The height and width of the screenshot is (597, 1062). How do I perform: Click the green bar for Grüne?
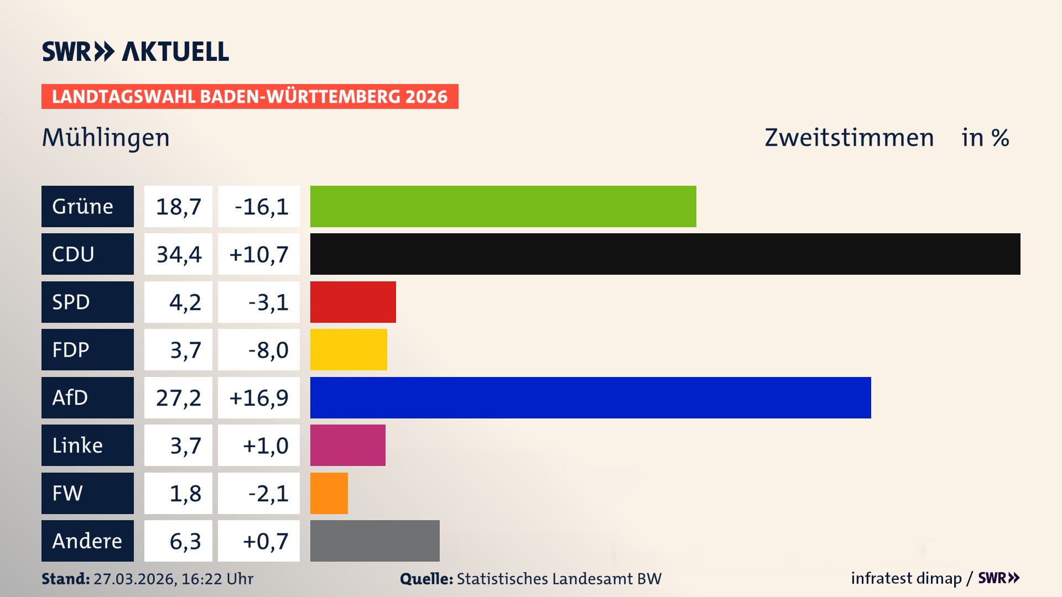pos(503,206)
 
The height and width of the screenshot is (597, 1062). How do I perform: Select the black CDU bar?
pos(665,254)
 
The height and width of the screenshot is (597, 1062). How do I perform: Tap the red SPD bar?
pos(353,302)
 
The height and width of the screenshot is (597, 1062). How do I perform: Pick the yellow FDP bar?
pos(348,349)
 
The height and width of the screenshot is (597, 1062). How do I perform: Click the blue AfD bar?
pos(590,397)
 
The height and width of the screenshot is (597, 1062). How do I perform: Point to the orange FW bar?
pos(329,493)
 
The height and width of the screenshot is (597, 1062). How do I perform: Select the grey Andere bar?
pos(374,541)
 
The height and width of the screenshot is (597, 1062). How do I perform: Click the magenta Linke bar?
pos(347,445)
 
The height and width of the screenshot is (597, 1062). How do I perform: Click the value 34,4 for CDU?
pos(178,254)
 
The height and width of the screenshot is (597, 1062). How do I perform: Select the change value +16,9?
pos(259,398)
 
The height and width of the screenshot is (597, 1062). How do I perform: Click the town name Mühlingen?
pos(106,138)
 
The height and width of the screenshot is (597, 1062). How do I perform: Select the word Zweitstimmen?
pos(849,138)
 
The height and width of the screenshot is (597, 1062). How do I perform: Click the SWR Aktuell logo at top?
pos(136,51)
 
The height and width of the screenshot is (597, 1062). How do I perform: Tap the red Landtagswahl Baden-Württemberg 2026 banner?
pos(249,97)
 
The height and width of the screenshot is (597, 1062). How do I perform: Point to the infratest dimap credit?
pos(906,578)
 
